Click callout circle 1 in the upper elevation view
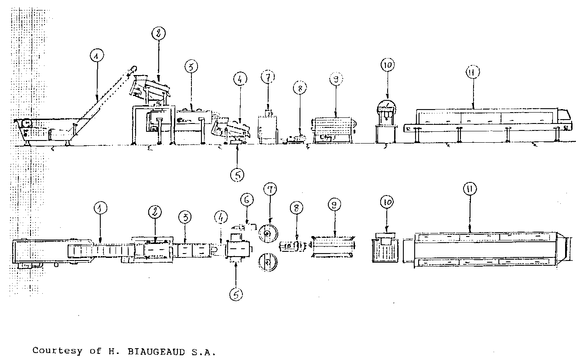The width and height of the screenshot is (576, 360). click(x=97, y=56)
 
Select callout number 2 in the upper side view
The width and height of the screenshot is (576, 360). click(x=159, y=33)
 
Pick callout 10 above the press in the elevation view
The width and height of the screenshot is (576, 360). click(x=388, y=65)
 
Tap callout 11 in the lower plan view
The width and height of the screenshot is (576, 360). click(x=470, y=189)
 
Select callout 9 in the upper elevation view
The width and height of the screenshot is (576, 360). click(x=335, y=79)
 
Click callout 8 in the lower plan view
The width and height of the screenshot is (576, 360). click(x=297, y=208)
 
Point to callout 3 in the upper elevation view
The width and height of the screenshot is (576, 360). click(x=191, y=67)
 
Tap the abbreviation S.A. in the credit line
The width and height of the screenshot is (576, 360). click(x=204, y=350)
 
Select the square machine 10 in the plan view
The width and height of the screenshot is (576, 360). click(x=385, y=250)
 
